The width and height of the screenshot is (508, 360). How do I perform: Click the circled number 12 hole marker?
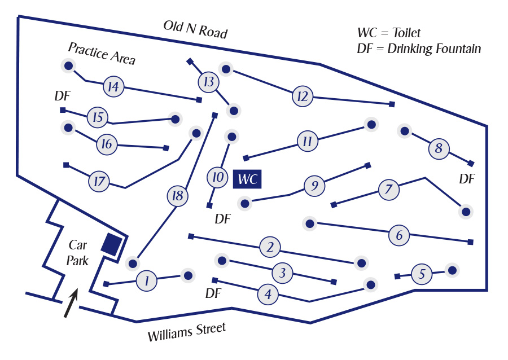(303, 96)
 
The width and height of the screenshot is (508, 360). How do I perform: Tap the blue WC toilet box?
(247, 179)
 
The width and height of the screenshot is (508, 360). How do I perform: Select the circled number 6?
(399, 235)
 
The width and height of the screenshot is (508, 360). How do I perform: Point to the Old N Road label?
(195, 29)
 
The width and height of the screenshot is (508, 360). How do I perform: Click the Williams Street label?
(186, 332)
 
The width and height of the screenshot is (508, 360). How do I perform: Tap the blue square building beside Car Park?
(111, 244)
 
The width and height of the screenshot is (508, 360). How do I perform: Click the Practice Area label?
(102, 53)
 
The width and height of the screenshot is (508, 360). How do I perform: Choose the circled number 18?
(177, 196)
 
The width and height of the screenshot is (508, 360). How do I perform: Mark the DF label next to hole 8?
(467, 179)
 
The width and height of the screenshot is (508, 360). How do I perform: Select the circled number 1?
(147, 280)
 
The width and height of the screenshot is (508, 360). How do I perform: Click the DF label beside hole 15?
(62, 96)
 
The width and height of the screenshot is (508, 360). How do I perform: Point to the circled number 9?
(315, 186)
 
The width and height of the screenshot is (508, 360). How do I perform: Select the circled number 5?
(422, 274)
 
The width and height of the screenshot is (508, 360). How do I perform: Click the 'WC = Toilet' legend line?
(389, 33)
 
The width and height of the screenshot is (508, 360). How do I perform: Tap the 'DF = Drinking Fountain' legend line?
(419, 49)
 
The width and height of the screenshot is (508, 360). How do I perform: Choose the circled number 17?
(99, 182)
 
